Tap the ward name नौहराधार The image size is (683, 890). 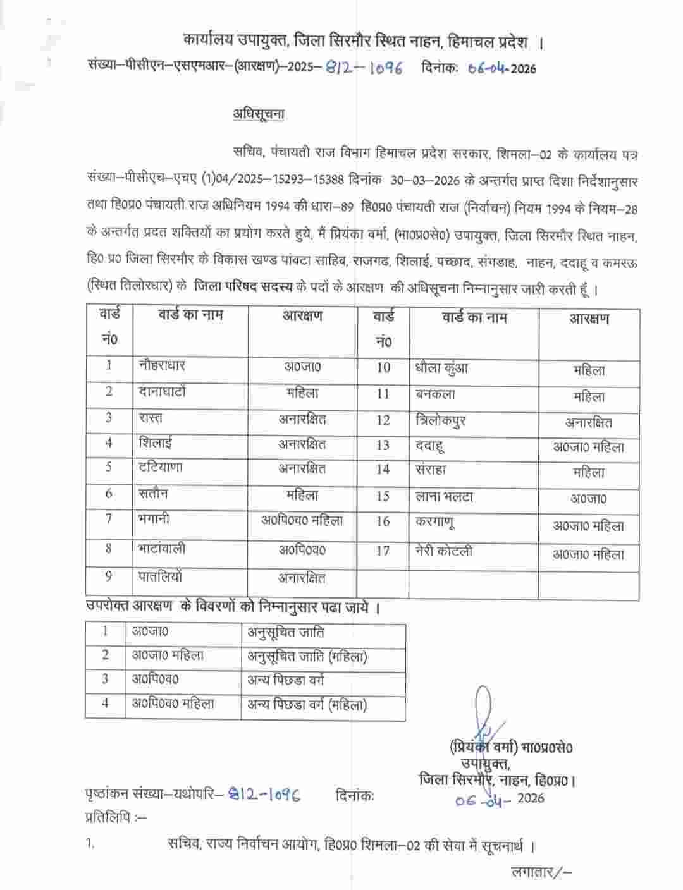click(x=162, y=365)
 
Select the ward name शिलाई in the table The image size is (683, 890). click(x=156, y=443)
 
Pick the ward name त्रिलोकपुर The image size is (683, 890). click(x=440, y=420)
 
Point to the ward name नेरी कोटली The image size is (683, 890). click(x=444, y=552)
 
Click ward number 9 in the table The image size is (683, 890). click(x=109, y=576)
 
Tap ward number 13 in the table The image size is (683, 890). click(x=383, y=445)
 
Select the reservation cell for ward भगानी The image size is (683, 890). click(x=302, y=520)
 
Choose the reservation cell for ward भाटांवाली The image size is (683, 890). click(x=302, y=549)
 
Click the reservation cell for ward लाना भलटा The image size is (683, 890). click(x=588, y=498)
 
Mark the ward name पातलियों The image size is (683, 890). click(x=161, y=576)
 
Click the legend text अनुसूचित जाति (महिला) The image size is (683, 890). click(x=307, y=657)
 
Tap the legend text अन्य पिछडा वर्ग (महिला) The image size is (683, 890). click(x=307, y=704)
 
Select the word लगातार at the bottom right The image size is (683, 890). click(x=532, y=873)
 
